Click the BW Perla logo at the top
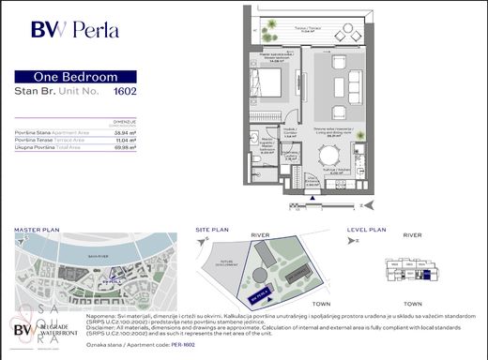(x=74, y=28)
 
